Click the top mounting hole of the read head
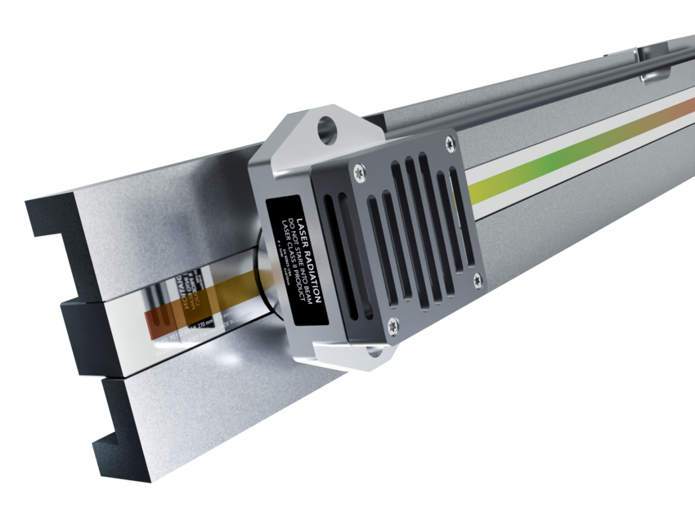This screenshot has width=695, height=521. point(327,127)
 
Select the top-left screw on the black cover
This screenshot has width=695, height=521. point(358,171)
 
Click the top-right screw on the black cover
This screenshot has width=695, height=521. point(449,145)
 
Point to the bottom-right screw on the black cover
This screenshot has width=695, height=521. point(477,281)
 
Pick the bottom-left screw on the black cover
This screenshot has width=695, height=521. point(392,325)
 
